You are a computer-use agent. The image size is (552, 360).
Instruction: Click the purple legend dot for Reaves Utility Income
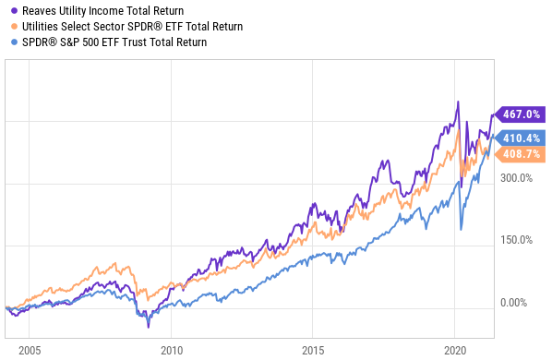click(x=14, y=11)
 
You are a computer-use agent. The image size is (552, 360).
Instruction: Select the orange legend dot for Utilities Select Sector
click(x=14, y=27)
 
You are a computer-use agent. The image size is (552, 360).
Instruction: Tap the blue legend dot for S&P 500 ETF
click(x=14, y=42)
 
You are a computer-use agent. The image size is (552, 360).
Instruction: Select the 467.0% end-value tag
click(x=520, y=114)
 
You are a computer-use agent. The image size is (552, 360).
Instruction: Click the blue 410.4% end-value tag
click(x=520, y=138)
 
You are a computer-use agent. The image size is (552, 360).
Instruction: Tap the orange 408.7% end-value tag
click(x=520, y=154)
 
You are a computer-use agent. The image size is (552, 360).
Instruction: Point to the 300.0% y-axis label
click(x=516, y=178)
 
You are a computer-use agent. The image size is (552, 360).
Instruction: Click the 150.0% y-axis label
click(x=516, y=240)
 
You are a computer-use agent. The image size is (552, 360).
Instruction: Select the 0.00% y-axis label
click(x=513, y=303)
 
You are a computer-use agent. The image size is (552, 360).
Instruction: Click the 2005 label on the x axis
click(x=30, y=351)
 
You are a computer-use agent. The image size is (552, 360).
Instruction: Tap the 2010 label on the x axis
click(x=172, y=351)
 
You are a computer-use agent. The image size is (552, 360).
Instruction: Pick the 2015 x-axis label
click(x=313, y=351)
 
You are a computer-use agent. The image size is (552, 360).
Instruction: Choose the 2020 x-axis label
click(x=455, y=351)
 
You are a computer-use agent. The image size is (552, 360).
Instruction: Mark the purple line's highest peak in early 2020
click(x=458, y=102)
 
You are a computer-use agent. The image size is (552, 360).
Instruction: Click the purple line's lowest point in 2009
click(x=149, y=328)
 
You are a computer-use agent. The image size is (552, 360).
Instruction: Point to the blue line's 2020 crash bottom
click(x=461, y=230)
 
